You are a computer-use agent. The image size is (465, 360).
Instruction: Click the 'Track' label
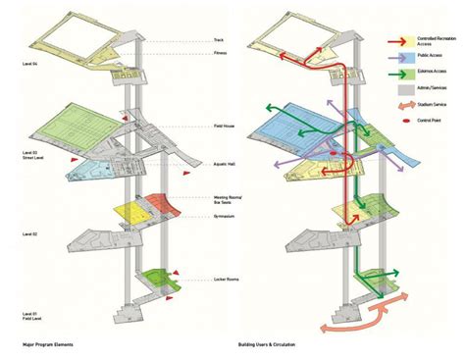coord(218,40)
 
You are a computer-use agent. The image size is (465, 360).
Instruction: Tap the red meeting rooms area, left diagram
coord(156,206)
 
